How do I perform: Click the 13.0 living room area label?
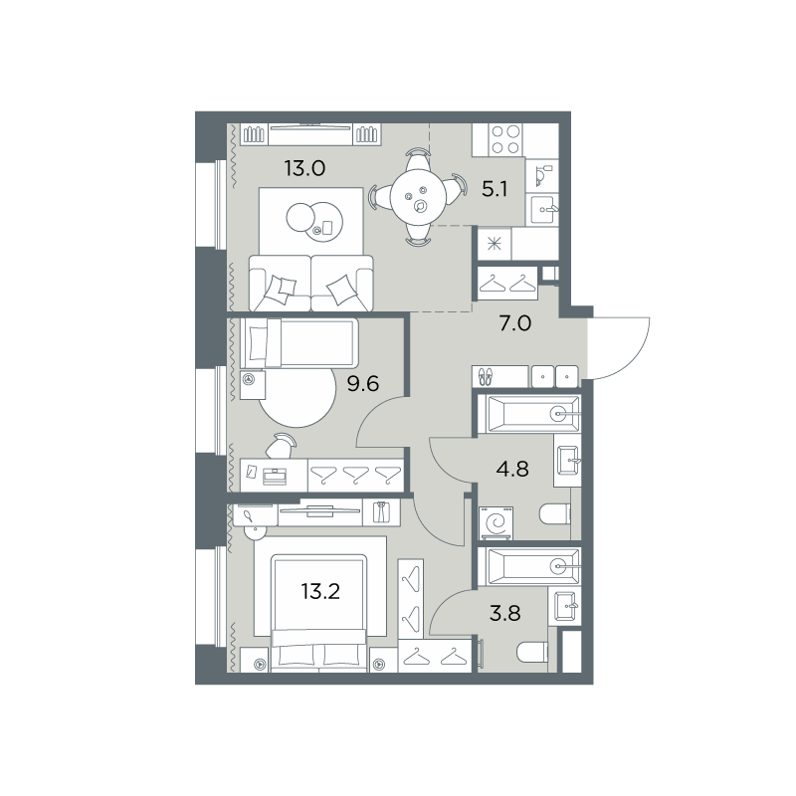point(304,168)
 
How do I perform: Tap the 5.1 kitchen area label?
point(495,190)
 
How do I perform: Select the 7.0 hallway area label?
point(514,322)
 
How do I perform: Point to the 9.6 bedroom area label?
point(363,384)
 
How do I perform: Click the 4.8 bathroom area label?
point(512,469)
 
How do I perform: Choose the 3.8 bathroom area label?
point(505,613)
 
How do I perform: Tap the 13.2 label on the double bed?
point(320,591)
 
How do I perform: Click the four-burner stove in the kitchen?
point(505,139)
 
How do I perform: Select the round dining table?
point(419,196)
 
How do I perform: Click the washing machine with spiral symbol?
point(497,523)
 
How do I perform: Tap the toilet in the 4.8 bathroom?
point(555,514)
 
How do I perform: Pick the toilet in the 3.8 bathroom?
point(532,652)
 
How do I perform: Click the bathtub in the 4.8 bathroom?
point(528,414)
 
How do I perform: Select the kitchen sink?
point(542,209)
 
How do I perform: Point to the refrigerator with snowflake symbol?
point(494,244)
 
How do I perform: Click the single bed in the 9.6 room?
point(299,342)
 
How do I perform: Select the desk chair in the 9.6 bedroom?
point(281,447)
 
